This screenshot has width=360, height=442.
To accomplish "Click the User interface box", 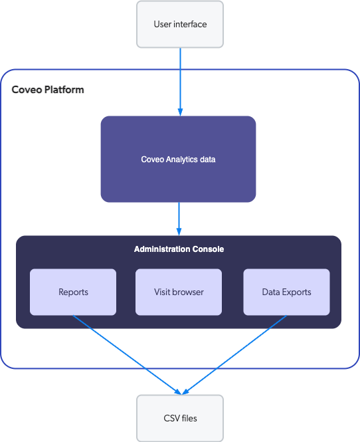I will pyautogui.click(x=180, y=25).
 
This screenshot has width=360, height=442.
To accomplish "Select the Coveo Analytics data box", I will pyautogui.click(x=178, y=159).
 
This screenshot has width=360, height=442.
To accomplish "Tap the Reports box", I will pyautogui.click(x=73, y=292).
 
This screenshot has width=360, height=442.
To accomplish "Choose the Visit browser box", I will pyautogui.click(x=179, y=292).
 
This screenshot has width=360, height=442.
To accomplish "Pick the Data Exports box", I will pyautogui.click(x=286, y=292).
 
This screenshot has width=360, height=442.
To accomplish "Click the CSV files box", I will pyautogui.click(x=180, y=418).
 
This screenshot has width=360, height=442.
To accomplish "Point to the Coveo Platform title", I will pyautogui.click(x=48, y=89).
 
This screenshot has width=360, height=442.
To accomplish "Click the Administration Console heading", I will pyautogui.click(x=179, y=249).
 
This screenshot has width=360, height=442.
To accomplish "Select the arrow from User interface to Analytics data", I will pyautogui.click(x=180, y=80).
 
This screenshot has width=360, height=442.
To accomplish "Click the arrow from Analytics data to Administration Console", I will pyautogui.click(x=179, y=218).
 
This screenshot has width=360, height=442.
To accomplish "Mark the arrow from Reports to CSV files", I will pyautogui.click(x=126, y=354).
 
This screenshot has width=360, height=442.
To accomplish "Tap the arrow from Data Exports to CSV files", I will pyautogui.click(x=235, y=354).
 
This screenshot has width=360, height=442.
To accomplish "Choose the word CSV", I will pyautogui.click(x=171, y=418).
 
